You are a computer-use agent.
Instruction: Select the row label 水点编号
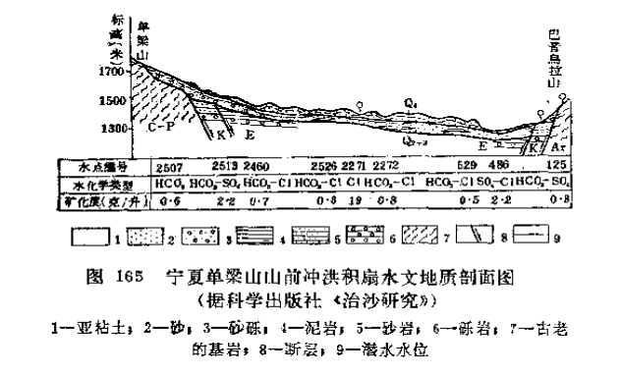(94, 166)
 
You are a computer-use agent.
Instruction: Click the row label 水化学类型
(94, 184)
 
